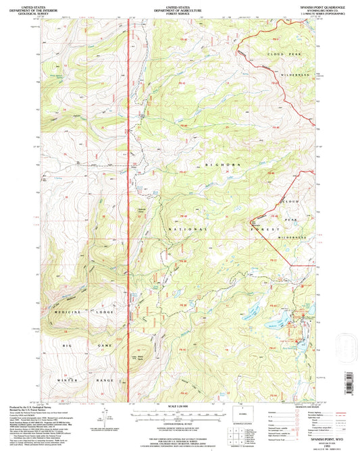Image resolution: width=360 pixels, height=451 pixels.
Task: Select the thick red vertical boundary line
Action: (x=128, y=203)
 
